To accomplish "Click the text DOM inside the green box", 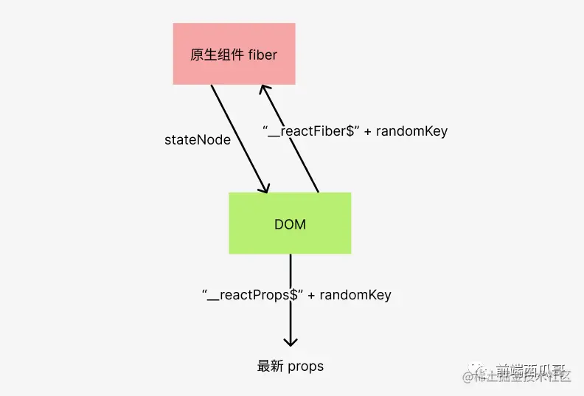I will coord(290,224).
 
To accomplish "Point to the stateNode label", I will coord(197,139).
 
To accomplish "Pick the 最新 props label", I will coord(290,366).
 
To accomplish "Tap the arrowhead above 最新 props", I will coord(291,341).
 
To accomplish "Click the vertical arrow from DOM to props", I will coord(291,273).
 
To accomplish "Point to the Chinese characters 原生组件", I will coord(212,55).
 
